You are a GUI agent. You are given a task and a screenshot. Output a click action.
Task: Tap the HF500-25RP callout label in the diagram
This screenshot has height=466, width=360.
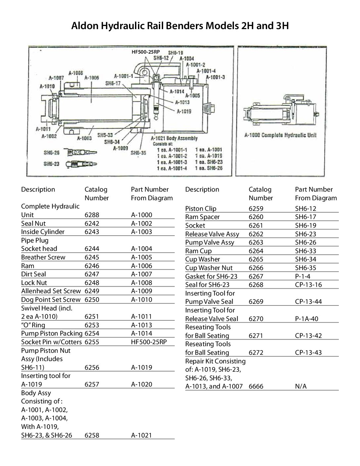click(x=146, y=52)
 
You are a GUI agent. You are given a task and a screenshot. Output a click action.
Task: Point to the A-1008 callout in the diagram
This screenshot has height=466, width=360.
click(x=76, y=73)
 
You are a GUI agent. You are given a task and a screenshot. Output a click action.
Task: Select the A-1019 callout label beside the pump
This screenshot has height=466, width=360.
click(x=184, y=112)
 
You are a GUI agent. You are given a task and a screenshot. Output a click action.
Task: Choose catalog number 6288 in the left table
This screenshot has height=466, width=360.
click(x=91, y=215)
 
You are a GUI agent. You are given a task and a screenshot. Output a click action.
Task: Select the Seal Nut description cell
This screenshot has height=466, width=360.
click(x=33, y=223)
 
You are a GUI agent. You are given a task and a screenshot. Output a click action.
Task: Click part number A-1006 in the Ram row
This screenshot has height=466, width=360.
click(x=142, y=266)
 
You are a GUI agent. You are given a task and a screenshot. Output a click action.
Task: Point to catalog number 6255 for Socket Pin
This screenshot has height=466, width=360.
click(x=91, y=342)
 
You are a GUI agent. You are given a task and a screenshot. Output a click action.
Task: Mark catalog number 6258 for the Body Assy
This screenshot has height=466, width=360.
click(x=91, y=435)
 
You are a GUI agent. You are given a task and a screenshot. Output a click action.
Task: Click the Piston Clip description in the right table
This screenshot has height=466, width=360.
click(x=201, y=209)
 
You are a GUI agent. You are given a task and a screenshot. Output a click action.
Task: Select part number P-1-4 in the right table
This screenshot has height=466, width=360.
click(x=303, y=276)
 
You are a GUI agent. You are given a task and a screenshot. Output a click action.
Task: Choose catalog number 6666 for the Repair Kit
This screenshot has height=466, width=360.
click(x=256, y=386)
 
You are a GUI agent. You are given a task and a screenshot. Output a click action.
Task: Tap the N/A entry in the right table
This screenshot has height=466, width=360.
click(x=301, y=386)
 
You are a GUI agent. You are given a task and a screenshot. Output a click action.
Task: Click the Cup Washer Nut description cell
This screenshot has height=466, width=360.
click(x=209, y=268)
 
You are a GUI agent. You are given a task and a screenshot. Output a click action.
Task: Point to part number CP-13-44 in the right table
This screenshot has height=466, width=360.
click(x=308, y=302)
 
